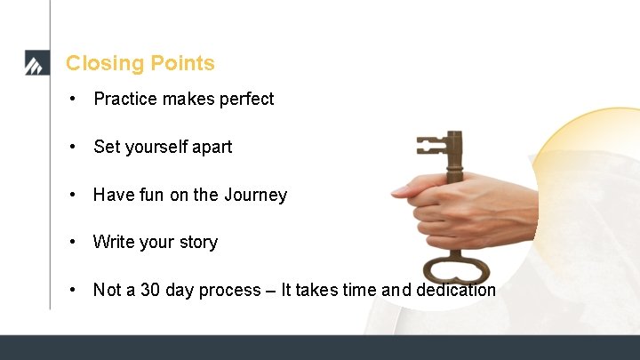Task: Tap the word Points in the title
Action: pos(183,63)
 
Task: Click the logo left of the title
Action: pos(35,64)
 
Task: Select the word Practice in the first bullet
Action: pos(125,99)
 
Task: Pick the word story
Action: pos(197,242)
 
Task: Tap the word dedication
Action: pos(452,290)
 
